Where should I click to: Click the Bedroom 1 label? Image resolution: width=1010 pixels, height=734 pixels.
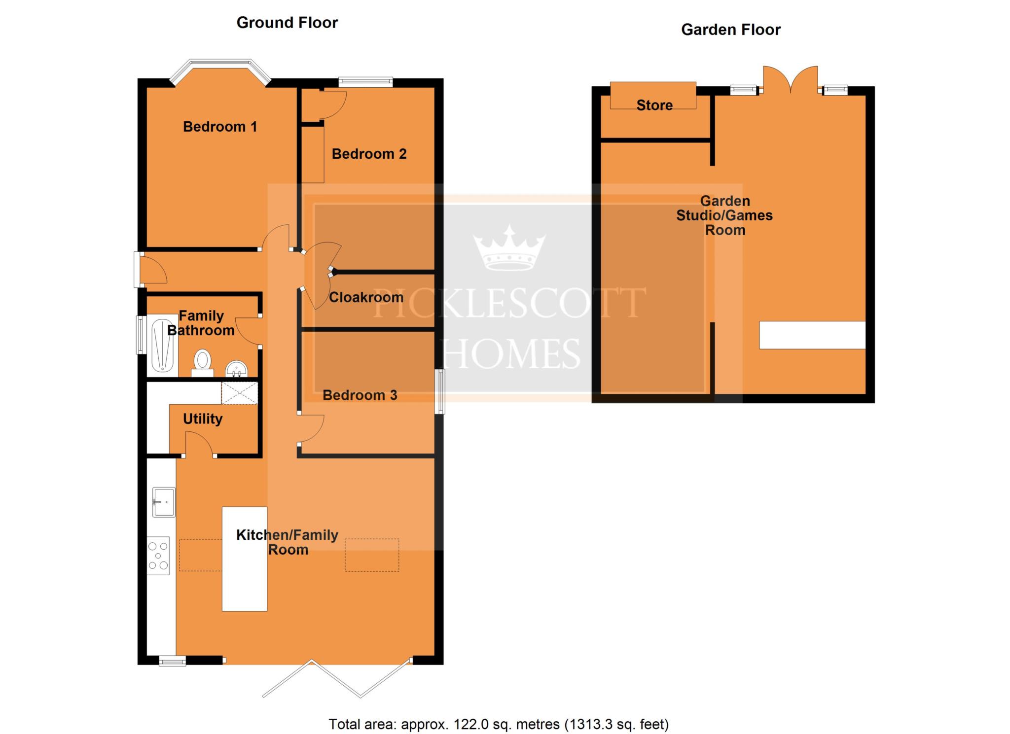(220, 127)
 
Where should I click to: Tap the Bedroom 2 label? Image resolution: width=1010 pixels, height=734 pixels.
(369, 154)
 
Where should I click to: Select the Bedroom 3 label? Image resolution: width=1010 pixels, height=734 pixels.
(360, 395)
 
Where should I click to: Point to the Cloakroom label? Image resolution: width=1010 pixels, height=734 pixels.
(366, 297)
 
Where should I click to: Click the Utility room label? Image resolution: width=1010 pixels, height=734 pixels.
(203, 419)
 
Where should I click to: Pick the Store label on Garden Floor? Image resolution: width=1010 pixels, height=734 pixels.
(654, 105)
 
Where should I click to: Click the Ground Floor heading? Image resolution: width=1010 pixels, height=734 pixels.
(287, 23)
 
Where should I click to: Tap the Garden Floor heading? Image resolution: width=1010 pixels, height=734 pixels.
(731, 30)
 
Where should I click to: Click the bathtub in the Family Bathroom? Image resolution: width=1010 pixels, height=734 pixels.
(163, 346)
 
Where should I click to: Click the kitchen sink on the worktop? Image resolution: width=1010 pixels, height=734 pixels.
(164, 502)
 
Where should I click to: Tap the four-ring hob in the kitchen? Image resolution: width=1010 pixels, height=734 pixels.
(158, 556)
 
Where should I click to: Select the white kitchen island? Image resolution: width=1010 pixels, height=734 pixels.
(245, 559)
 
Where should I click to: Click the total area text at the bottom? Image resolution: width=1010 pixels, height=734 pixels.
(499, 724)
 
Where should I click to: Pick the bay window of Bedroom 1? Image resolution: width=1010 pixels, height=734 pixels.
(220, 72)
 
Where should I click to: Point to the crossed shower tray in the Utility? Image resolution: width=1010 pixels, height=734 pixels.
(239, 393)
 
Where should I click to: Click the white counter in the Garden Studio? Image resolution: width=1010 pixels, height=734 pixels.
(812, 335)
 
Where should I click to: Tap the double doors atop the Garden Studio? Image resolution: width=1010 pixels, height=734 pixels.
(791, 80)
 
